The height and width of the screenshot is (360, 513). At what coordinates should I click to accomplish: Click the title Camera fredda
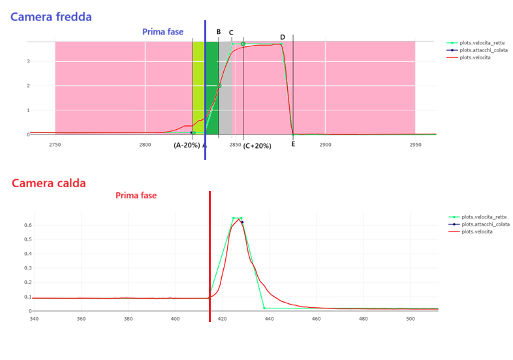click(x=51, y=17)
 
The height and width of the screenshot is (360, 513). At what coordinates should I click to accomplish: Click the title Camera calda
click(x=48, y=183)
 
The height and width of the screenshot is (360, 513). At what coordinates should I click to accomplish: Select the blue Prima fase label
click(x=163, y=32)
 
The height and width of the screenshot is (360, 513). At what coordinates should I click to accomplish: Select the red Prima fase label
click(x=136, y=195)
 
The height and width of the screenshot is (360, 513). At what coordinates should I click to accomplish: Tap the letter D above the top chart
click(x=283, y=37)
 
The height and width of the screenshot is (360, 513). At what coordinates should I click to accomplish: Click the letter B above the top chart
click(x=219, y=32)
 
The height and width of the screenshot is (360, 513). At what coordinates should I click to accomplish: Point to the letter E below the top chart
click(x=293, y=144)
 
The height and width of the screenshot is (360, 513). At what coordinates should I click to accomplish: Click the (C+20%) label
click(x=256, y=146)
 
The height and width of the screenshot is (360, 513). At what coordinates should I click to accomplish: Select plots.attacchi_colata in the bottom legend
click(x=486, y=224)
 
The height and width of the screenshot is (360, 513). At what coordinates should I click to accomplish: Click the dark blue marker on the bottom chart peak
click(x=242, y=222)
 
